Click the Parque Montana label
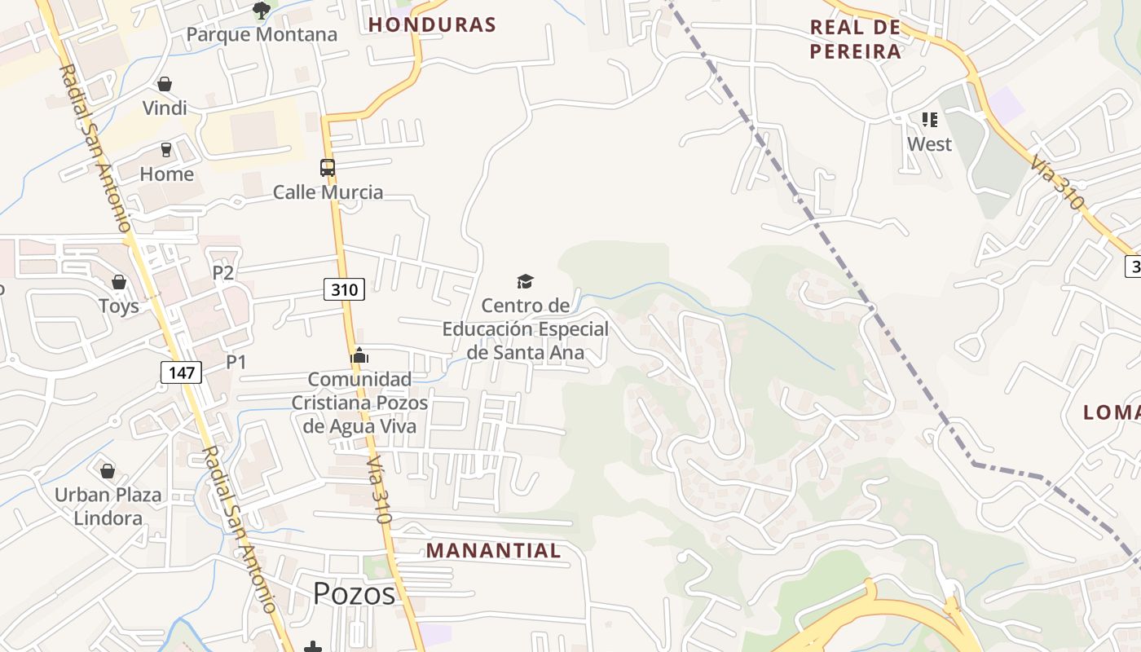(262, 34)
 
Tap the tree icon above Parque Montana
(262, 11)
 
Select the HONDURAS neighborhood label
(432, 24)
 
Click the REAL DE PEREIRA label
(856, 39)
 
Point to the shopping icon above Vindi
(165, 84)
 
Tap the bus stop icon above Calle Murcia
(328, 168)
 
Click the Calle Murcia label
(328, 192)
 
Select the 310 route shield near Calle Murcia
(344, 289)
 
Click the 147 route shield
(181, 372)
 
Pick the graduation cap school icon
(525, 282)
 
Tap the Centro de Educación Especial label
(526, 329)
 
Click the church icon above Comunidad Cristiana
(359, 356)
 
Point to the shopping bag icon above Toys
(119, 282)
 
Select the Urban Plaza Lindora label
(108, 506)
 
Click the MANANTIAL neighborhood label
(493, 551)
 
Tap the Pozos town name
(355, 593)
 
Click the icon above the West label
(930, 120)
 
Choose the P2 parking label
(223, 272)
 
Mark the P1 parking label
(236, 361)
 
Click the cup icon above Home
(166, 150)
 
